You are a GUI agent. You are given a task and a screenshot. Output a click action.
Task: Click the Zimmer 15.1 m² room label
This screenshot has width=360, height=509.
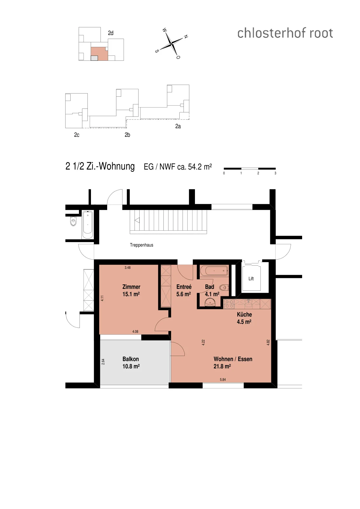131,290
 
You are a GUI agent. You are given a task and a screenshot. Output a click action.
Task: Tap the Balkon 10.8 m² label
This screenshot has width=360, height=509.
131,363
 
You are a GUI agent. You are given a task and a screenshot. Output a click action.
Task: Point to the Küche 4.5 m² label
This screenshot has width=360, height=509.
244,318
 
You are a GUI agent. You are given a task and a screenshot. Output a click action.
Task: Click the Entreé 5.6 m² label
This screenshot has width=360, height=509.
184,290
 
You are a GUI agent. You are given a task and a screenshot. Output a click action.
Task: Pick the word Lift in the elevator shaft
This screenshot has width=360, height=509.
251,279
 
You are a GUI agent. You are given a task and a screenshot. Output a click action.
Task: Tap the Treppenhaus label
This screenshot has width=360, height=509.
142,245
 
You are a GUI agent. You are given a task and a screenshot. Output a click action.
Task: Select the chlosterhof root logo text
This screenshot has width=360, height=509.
285,33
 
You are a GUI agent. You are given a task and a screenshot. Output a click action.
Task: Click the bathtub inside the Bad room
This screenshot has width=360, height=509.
214,271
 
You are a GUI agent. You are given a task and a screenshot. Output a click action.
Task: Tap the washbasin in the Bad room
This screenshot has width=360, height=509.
210,303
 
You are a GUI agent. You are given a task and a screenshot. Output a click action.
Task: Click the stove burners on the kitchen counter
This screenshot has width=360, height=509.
229,304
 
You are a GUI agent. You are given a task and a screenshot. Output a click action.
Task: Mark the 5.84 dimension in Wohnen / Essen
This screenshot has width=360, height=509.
223,380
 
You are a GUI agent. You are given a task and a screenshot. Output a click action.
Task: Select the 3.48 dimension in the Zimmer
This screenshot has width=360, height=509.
128,268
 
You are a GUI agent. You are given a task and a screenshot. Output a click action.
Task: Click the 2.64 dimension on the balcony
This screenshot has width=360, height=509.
103,361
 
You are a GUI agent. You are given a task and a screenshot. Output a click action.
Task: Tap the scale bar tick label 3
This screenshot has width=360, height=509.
275,173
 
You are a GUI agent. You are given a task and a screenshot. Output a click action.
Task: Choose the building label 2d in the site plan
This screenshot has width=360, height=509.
111,33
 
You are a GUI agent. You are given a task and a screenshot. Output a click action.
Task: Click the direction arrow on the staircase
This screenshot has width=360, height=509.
137,220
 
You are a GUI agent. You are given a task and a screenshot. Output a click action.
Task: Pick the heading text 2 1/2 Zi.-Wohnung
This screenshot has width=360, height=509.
100,166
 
